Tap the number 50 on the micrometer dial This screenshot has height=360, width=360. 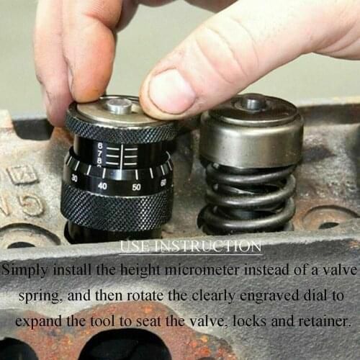tap(136, 187)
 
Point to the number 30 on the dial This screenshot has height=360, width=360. tap(75, 178)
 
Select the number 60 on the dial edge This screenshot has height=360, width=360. tap(163, 182)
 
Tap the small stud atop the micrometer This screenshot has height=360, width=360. tap(119, 105)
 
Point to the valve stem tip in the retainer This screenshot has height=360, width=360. tap(253, 103)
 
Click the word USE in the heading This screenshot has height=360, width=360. tap(134, 247)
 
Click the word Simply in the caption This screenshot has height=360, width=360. tap(28, 271)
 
